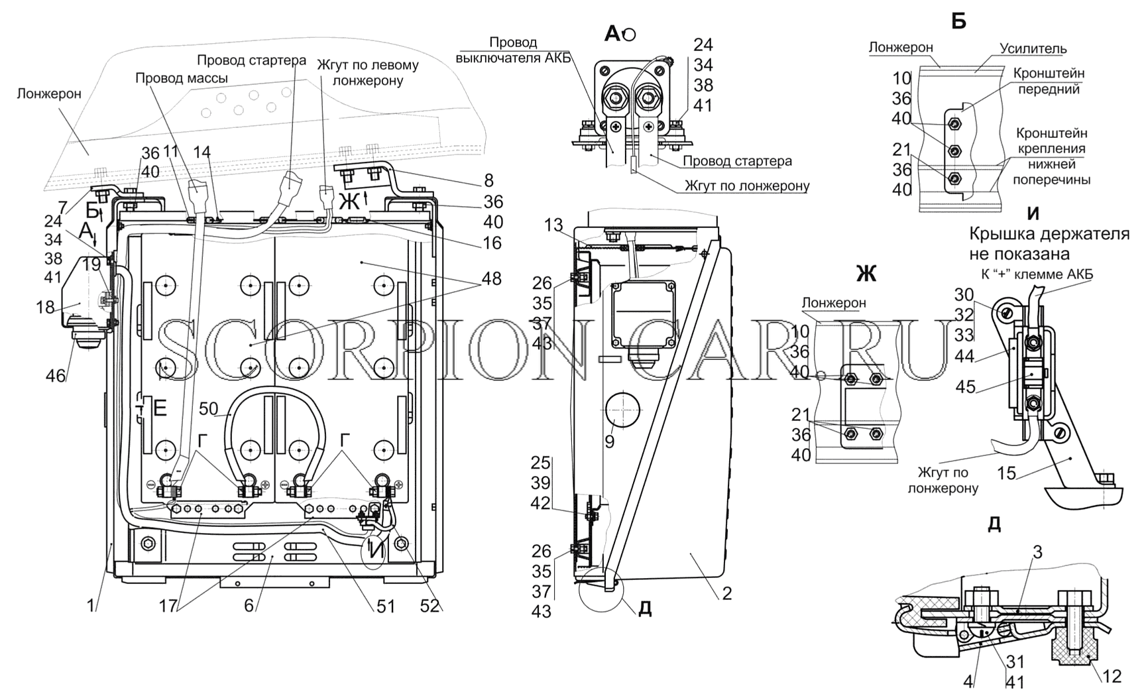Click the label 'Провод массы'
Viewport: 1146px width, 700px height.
pyautogui.click(x=182, y=78)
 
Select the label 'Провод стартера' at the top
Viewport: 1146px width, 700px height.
pyautogui.click(x=252, y=60)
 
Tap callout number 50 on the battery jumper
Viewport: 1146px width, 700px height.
pyautogui.click(x=208, y=409)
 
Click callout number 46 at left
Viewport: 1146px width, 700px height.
pyautogui.click(x=56, y=376)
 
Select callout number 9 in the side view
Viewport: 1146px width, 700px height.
pyautogui.click(x=609, y=441)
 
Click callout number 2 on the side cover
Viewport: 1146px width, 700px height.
pyautogui.click(x=726, y=593)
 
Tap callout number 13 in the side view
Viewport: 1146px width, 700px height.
pyautogui.click(x=553, y=226)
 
